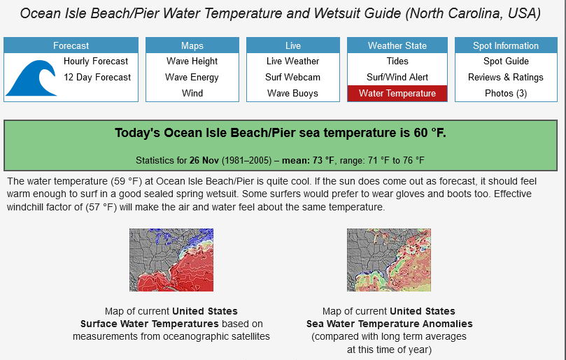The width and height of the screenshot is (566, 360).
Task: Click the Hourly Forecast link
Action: [96, 62]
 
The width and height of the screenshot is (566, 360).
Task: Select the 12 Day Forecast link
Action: [97, 77]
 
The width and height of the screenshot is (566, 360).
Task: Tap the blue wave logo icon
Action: [31, 78]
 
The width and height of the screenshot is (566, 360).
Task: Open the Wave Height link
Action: [192, 62]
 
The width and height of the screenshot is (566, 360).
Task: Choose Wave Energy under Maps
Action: [192, 77]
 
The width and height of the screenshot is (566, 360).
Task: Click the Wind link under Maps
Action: [192, 93]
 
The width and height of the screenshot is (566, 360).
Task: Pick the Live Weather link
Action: [292, 62]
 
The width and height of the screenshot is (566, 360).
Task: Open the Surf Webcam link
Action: [292, 77]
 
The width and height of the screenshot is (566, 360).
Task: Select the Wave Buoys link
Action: [292, 93]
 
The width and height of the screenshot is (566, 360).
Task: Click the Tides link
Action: [397, 62]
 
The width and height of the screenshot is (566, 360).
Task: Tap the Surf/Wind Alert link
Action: [397, 77]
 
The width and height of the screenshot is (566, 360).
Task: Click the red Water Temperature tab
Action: [397, 94]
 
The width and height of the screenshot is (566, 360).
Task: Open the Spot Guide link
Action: [506, 62]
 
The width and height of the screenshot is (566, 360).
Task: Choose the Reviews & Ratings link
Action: [506, 77]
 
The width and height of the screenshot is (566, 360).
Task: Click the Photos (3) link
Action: [506, 93]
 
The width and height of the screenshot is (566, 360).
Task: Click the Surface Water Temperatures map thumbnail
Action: [171, 260]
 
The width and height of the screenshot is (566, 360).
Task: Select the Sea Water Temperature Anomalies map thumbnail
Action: [389, 260]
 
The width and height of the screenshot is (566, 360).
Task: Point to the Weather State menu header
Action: [397, 45]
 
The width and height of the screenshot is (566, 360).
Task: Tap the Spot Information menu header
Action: [506, 45]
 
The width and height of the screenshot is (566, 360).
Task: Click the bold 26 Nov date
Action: [204, 160]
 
